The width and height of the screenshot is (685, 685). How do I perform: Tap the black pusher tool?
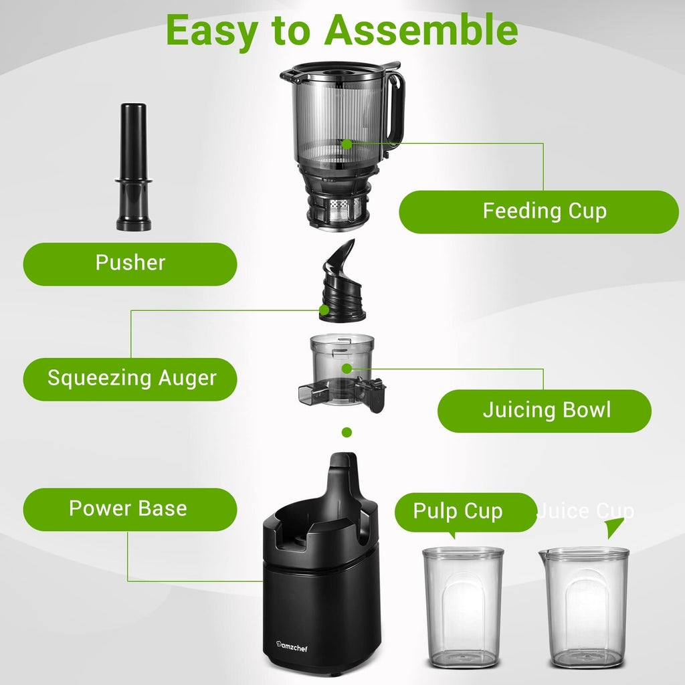133,167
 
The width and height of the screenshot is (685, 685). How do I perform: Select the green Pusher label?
130,263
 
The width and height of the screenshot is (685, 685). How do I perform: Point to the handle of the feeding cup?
395,107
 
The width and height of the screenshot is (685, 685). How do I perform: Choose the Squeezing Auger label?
130,379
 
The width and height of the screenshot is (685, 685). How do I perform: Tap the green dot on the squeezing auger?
324,310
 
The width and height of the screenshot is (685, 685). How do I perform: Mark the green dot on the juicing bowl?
347,368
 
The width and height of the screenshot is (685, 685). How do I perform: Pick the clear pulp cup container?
463,605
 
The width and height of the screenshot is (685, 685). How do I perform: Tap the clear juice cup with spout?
585,605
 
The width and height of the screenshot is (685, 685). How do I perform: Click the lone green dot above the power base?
347,433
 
